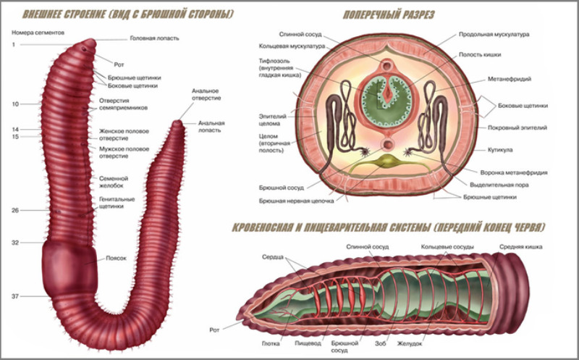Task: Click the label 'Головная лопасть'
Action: point(154,38)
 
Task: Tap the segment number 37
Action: point(15,297)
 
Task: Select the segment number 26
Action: point(15,210)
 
